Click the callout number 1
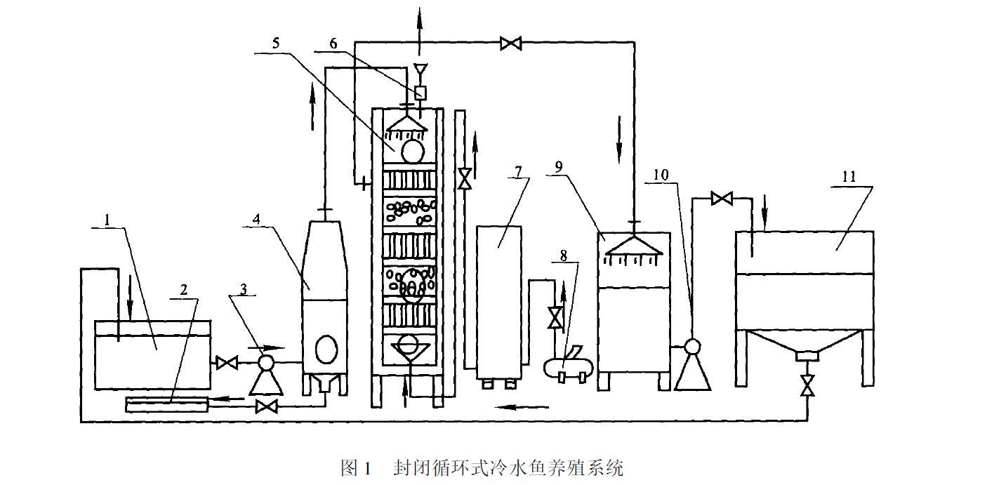(107, 220)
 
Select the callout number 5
(276, 43)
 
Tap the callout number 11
(849, 177)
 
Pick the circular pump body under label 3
(266, 362)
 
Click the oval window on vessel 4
(326, 347)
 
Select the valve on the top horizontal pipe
(510, 44)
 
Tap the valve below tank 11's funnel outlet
(807, 385)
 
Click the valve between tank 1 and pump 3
(226, 363)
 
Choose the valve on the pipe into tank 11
(721, 199)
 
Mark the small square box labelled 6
(420, 92)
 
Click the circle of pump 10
(692, 347)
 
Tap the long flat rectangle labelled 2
(166, 404)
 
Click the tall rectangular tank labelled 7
(498, 302)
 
